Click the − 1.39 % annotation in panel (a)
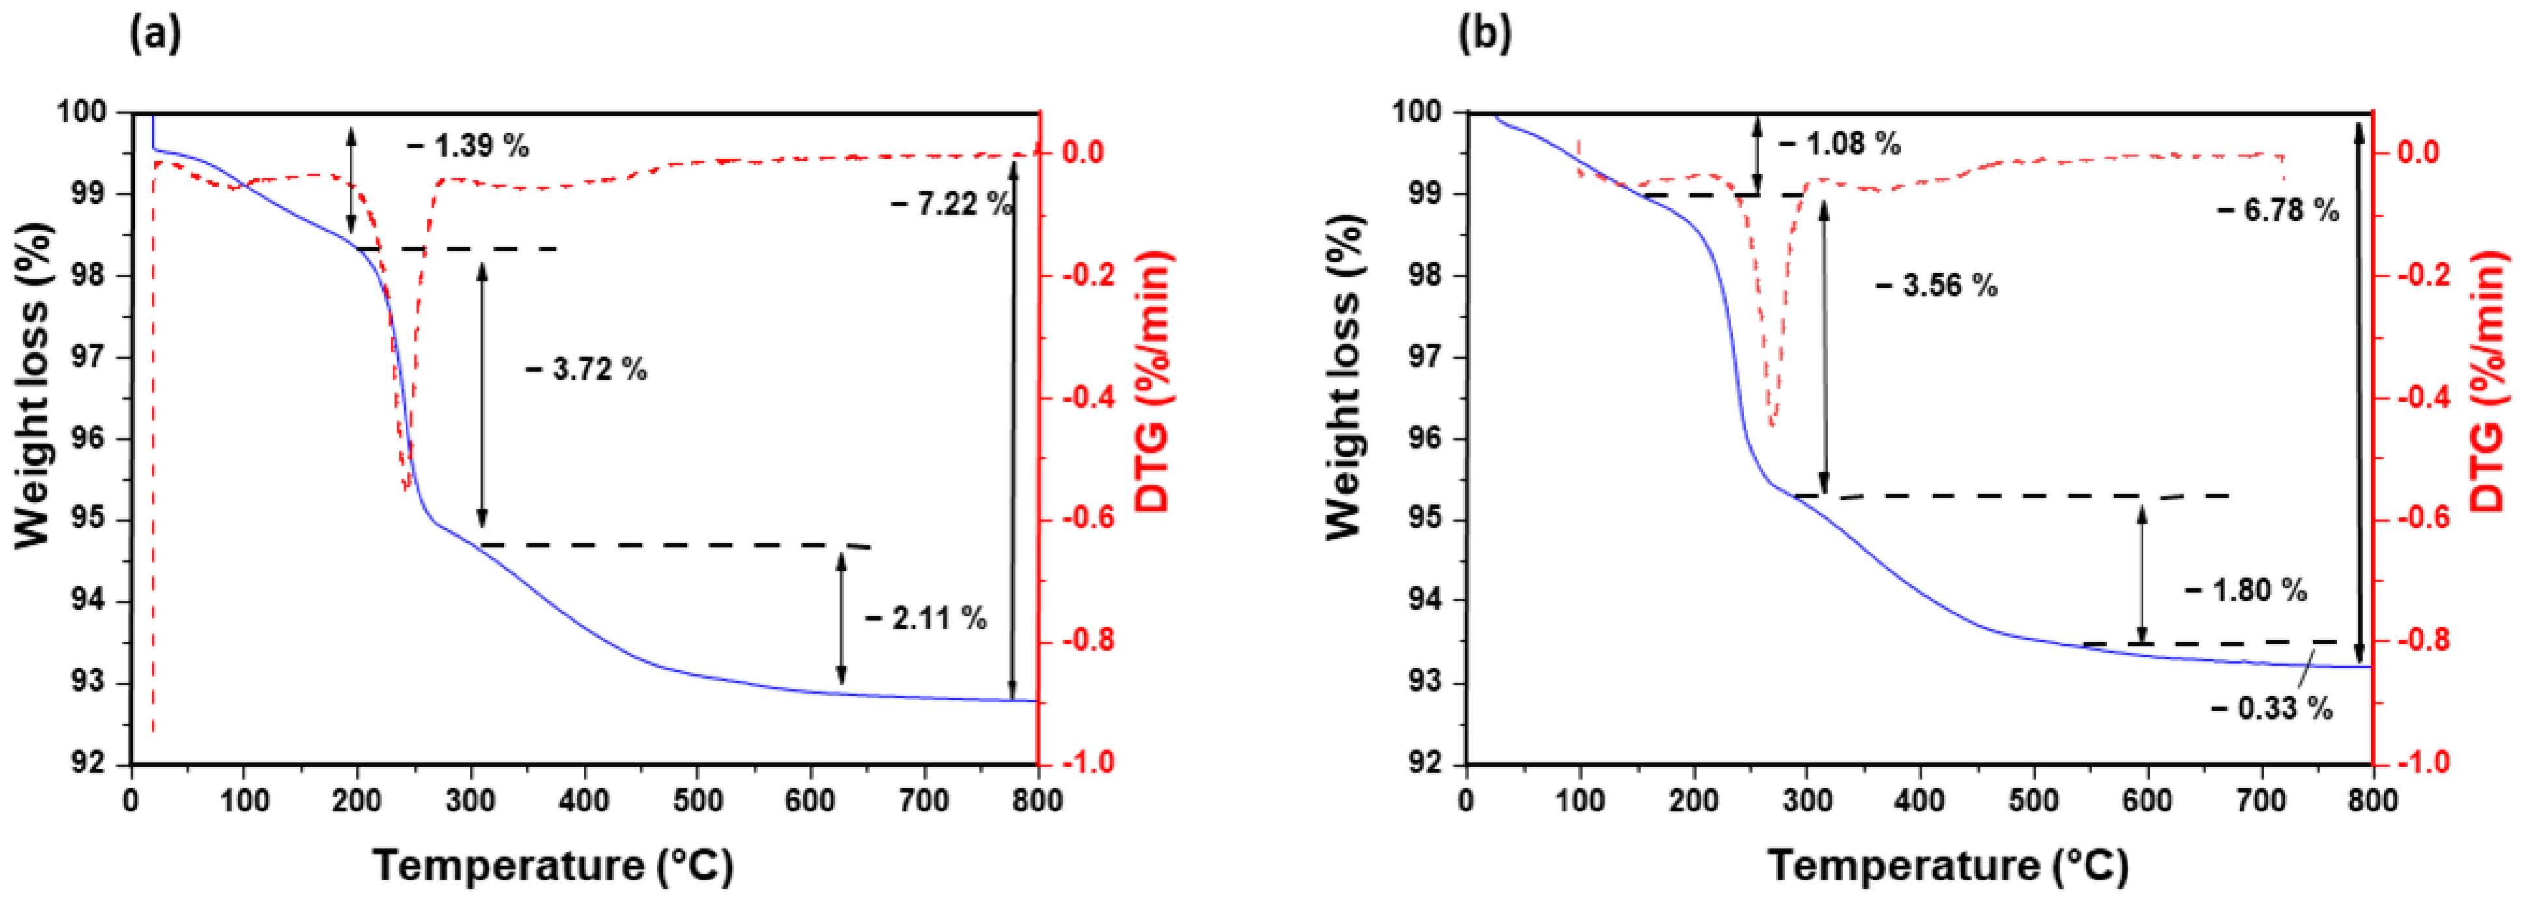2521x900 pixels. (468, 146)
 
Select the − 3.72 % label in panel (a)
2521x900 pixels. (586, 370)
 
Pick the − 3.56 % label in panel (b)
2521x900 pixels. (1936, 286)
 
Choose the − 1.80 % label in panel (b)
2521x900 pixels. (2245, 591)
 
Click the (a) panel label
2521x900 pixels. (155, 34)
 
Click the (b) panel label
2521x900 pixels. (1485, 34)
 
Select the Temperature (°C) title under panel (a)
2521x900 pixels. (553, 866)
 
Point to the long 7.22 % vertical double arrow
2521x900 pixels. (1013, 430)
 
